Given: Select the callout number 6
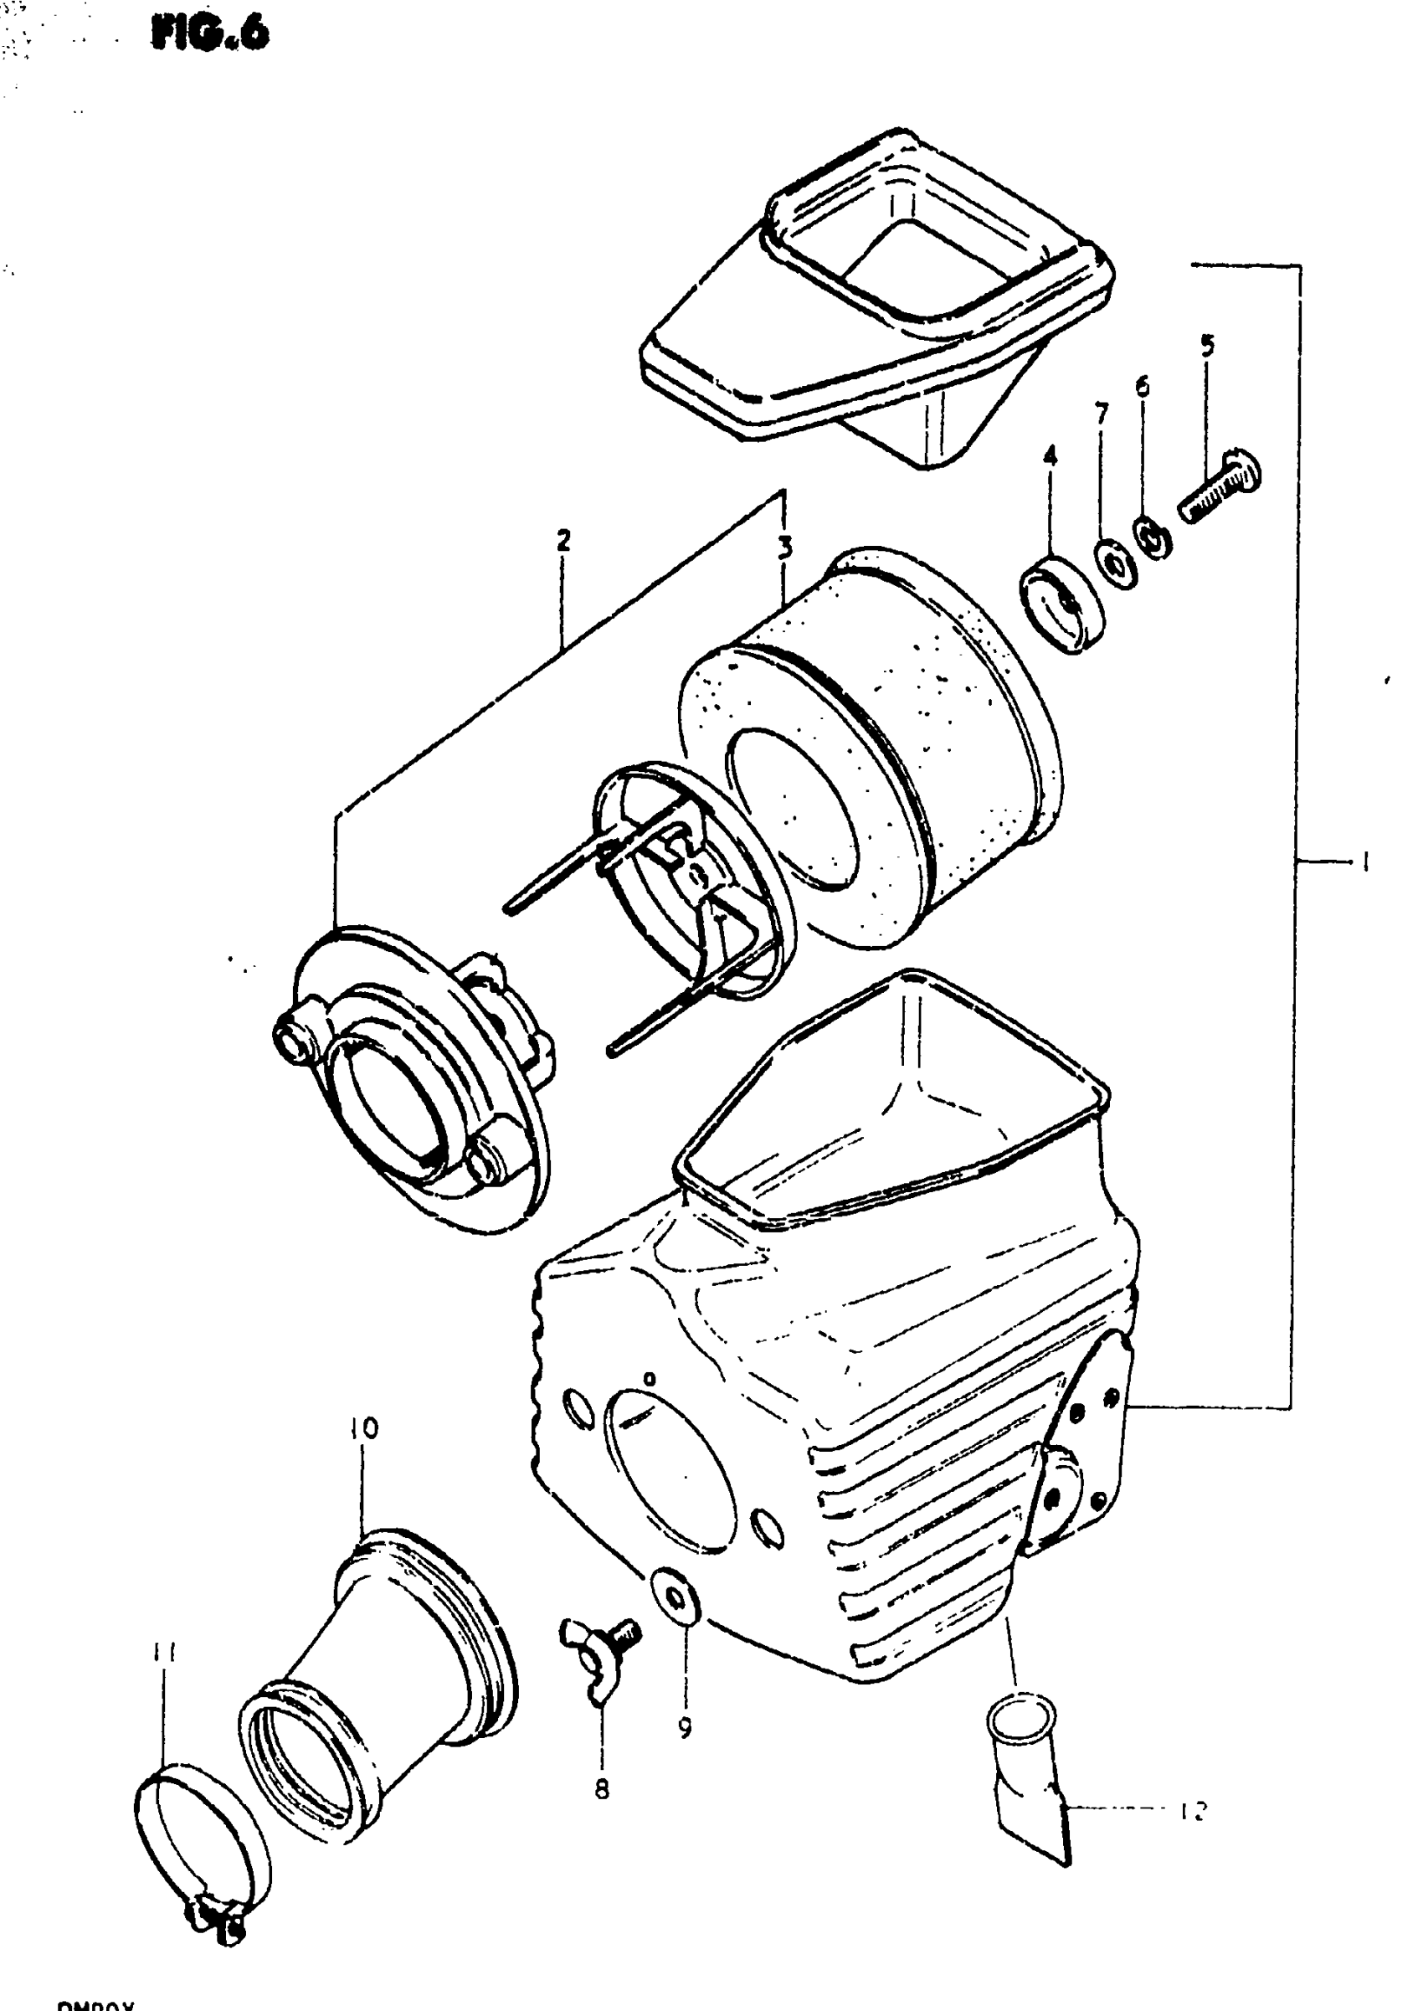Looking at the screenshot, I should click(1143, 388).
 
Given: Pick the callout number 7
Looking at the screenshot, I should click(1101, 413).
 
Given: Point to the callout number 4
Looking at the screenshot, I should click(1050, 455).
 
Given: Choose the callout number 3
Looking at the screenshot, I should click(785, 548).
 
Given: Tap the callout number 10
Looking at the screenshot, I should click(364, 1429).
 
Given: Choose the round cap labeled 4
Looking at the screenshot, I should click(1062, 603).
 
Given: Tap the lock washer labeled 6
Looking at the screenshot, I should click(1153, 540).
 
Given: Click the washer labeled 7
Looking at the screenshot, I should click(1115, 563).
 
